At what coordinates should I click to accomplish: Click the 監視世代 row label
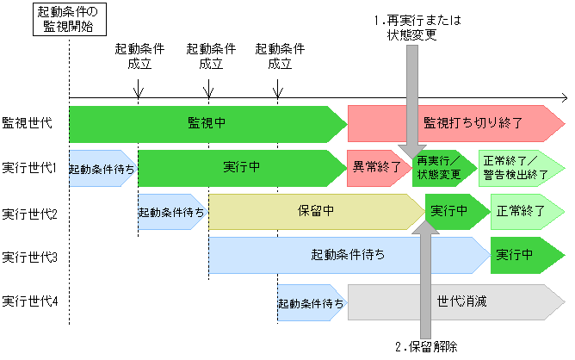[28, 122]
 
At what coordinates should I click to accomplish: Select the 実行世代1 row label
[29, 167]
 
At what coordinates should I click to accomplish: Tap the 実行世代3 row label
[29, 256]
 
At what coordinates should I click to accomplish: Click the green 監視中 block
[207, 123]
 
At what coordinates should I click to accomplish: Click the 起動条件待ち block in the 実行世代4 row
[310, 302]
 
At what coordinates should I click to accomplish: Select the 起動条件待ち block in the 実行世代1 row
[102, 169]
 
